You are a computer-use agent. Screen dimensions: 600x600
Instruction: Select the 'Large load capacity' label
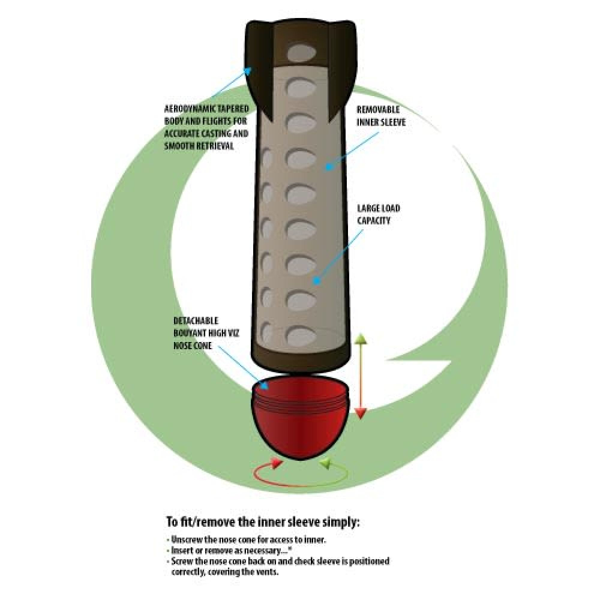point(378,214)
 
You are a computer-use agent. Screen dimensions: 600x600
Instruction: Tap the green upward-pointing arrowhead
point(360,339)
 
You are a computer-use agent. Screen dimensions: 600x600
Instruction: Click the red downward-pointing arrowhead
point(360,412)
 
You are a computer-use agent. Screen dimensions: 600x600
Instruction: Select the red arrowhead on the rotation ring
point(275,463)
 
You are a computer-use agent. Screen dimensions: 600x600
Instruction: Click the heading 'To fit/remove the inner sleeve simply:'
point(263,521)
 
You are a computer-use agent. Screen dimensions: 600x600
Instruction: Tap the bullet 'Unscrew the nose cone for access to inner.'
point(246,540)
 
